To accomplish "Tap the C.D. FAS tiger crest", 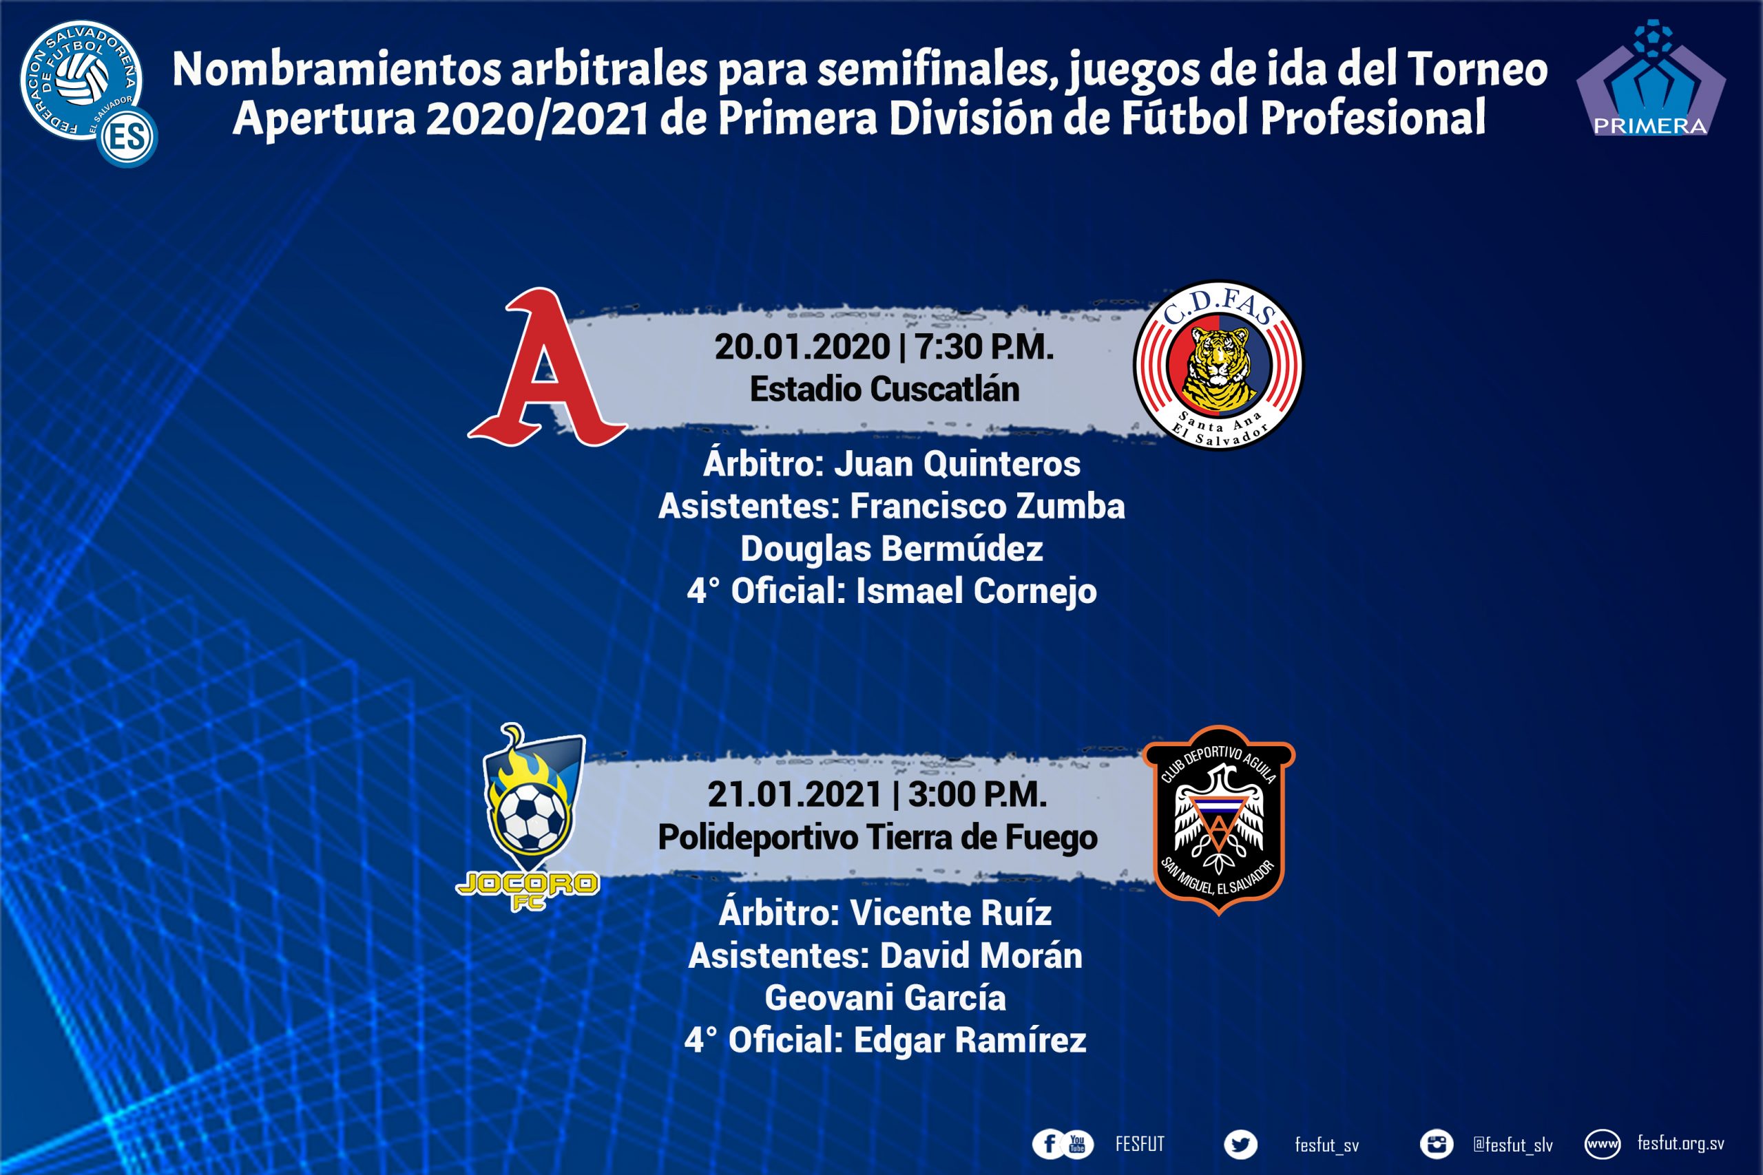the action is (x=1219, y=366).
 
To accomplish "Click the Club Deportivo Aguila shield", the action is (x=1219, y=820).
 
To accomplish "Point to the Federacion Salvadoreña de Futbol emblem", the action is (x=87, y=93).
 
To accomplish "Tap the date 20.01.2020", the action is (x=802, y=347).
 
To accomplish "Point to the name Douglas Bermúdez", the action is (x=892, y=549).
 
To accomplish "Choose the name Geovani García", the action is (x=885, y=998).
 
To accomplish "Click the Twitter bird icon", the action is (x=1240, y=1144).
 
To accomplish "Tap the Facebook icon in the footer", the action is (x=1050, y=1144).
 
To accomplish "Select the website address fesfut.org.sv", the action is (x=1680, y=1143).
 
